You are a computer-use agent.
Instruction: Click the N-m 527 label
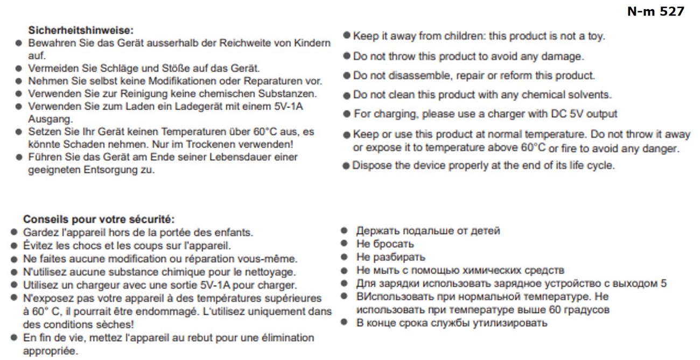click(655, 11)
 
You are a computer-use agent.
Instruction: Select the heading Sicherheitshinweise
click(81, 30)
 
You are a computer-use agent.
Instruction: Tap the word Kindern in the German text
click(314, 43)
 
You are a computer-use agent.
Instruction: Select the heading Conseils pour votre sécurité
click(99, 220)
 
